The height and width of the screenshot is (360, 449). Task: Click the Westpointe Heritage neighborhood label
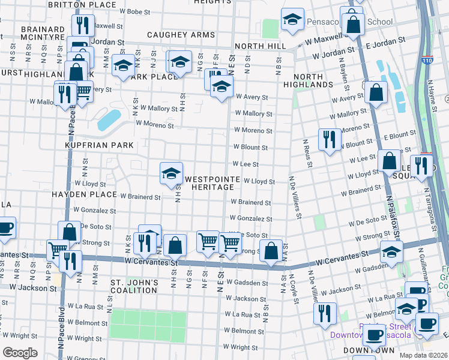[209, 183]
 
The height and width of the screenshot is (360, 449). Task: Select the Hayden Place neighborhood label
[84, 194]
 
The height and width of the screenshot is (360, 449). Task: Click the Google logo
[20, 352]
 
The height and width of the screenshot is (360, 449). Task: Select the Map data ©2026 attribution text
[423, 355]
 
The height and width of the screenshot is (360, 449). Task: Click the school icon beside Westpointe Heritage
[171, 173]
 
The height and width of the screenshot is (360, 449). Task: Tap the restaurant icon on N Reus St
[328, 139]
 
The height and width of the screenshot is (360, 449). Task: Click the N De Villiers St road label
[294, 196]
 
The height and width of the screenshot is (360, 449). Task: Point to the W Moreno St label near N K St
[154, 125]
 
